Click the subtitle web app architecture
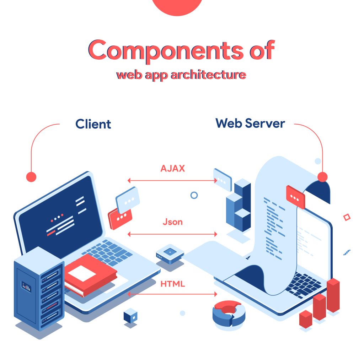(181, 75)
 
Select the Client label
(93, 124)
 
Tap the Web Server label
(250, 123)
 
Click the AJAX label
(172, 168)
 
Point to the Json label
(172, 222)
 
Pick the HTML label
(172, 284)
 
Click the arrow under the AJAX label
(172, 180)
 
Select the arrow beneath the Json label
(172, 234)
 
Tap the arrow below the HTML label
(172, 294)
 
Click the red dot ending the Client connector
(31, 177)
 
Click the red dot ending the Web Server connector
(322, 177)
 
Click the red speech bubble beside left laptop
(120, 218)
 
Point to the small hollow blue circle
(194, 195)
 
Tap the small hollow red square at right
(347, 217)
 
